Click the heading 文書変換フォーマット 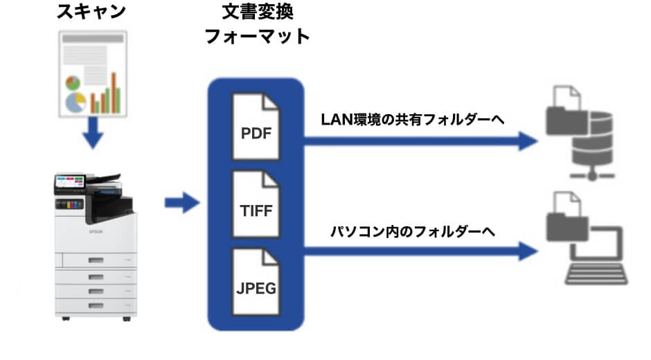pos(256,25)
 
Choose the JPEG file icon pos(256,285)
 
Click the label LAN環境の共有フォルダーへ pos(412,119)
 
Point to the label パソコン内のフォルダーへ pos(413,231)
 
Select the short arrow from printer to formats pos(181,204)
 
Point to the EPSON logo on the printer pos(94,232)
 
